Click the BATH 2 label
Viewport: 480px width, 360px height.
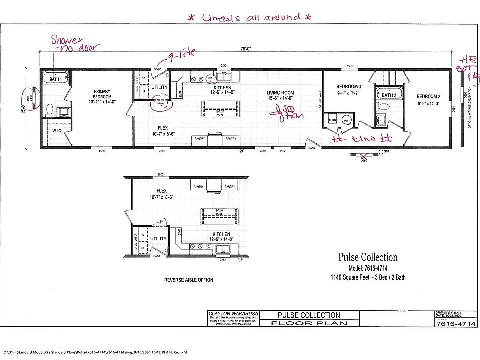point(389,95)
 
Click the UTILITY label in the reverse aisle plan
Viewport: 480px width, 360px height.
point(158,239)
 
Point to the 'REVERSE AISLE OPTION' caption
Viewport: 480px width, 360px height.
point(189,280)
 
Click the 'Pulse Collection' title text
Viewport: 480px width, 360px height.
point(368,257)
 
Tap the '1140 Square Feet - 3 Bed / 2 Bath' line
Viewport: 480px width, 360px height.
point(368,277)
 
